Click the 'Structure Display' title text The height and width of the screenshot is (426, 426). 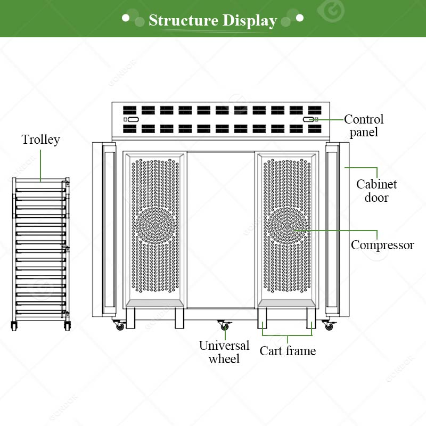pyautogui.click(x=212, y=20)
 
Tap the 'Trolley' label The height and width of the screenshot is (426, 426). pyautogui.click(x=41, y=140)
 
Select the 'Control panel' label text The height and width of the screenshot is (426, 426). pyautogui.click(x=364, y=126)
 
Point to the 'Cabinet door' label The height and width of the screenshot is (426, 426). pyautogui.click(x=376, y=191)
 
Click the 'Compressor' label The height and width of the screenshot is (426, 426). pyautogui.click(x=382, y=245)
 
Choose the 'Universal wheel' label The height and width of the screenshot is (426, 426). pyautogui.click(x=224, y=352)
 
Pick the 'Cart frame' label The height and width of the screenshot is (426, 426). pyautogui.click(x=288, y=351)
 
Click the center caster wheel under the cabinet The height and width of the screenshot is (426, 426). pyautogui.click(x=224, y=325)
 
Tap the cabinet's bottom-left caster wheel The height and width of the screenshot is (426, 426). pyautogui.click(x=119, y=325)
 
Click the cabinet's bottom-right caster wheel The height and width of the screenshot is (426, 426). pyautogui.click(x=329, y=325)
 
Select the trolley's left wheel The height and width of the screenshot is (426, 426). pyautogui.click(x=14, y=326)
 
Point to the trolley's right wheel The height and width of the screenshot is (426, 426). pyautogui.click(x=67, y=326)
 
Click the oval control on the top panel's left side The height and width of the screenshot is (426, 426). pyautogui.click(x=133, y=119)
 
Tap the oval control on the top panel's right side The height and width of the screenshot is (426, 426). pyautogui.click(x=308, y=119)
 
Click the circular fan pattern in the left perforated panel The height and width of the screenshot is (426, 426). pyautogui.click(x=155, y=225)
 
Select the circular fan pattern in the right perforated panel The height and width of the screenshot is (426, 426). pyautogui.click(x=287, y=225)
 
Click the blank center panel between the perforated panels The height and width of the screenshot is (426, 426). pyautogui.click(x=221, y=230)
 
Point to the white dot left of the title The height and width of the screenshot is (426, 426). pyautogui.click(x=126, y=18)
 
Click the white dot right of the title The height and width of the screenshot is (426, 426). pyautogui.click(x=300, y=18)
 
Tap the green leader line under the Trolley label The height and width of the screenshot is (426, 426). pyautogui.click(x=40, y=166)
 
